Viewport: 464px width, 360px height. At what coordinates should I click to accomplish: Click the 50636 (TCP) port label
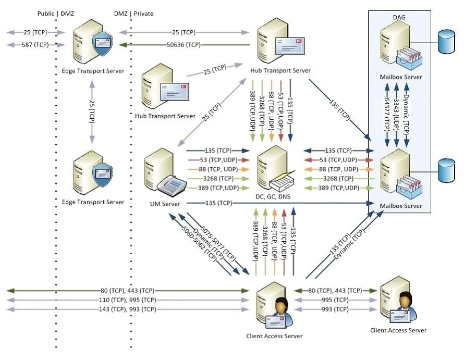[184, 45]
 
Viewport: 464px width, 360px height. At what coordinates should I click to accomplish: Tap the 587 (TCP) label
[35, 45]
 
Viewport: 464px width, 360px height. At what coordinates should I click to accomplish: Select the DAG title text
[399, 17]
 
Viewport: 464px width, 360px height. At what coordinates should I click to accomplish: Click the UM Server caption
[165, 204]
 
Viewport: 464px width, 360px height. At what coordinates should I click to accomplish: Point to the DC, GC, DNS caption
[273, 196]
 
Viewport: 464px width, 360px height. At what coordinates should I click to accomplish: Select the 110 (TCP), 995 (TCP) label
[128, 300]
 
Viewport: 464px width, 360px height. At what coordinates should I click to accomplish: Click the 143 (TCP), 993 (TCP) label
[128, 309]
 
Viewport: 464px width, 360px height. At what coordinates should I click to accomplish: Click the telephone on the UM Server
[172, 185]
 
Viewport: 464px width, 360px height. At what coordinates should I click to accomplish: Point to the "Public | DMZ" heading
[56, 14]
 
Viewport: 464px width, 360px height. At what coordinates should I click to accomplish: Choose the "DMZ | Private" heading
[134, 14]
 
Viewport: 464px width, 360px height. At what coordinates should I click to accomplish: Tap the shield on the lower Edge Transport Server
[103, 175]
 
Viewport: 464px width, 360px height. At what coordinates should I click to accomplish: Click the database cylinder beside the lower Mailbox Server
[446, 171]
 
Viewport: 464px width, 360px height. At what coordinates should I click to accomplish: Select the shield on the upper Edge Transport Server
[103, 44]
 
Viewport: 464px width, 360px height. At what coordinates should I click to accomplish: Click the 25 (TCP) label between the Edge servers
[92, 111]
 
